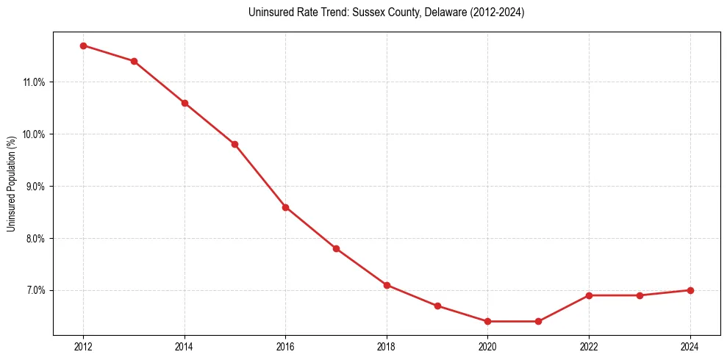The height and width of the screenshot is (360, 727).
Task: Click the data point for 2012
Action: (83, 46)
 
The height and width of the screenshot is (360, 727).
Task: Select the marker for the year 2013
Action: (134, 61)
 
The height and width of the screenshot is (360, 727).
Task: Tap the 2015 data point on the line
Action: (234, 144)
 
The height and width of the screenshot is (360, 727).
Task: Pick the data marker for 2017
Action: (336, 248)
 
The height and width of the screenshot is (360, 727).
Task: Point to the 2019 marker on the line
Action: (437, 306)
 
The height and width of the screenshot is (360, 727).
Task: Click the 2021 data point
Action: (538, 321)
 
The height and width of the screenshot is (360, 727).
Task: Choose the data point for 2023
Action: (640, 295)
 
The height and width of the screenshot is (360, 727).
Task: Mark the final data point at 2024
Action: (690, 290)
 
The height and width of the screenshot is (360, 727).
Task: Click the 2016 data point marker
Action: (285, 207)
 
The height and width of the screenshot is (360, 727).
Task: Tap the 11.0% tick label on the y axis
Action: (34, 82)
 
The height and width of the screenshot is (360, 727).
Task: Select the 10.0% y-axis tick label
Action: (34, 134)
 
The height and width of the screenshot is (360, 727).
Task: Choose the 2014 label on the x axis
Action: (185, 347)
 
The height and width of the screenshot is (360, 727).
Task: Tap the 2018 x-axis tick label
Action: (387, 347)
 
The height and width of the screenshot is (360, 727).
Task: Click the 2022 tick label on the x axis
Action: (589, 347)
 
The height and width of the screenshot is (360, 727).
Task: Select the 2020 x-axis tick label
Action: (487, 347)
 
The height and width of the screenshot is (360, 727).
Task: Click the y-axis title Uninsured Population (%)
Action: (12, 184)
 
